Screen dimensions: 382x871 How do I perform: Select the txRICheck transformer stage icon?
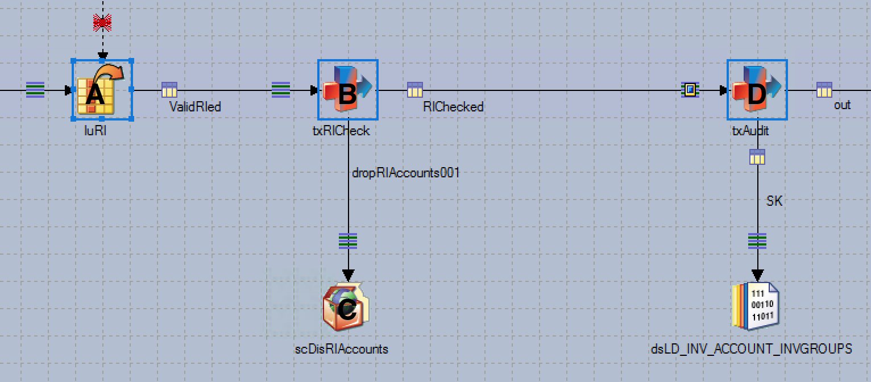348,90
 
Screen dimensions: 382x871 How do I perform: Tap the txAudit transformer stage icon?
757,90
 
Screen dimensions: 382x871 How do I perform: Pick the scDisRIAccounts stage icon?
346,308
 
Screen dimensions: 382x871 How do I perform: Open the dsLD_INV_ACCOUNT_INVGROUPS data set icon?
756,305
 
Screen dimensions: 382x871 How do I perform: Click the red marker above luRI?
102,23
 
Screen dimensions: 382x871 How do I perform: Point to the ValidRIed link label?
195,106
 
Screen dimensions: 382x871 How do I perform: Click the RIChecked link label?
453,106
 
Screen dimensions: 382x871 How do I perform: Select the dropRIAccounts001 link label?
405,173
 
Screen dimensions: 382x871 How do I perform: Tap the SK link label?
774,201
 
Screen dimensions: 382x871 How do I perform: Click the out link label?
842,105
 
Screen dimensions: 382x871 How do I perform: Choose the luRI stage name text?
95,131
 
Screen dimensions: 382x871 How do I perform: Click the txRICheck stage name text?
341,131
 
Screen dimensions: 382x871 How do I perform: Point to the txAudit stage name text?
750,131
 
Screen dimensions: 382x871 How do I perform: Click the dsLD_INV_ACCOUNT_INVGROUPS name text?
751,348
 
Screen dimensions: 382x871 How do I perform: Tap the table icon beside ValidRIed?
169,90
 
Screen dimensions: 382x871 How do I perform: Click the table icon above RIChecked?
415,90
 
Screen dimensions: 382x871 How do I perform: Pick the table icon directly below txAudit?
757,157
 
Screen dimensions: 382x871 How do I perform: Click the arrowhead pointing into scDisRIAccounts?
348,276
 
